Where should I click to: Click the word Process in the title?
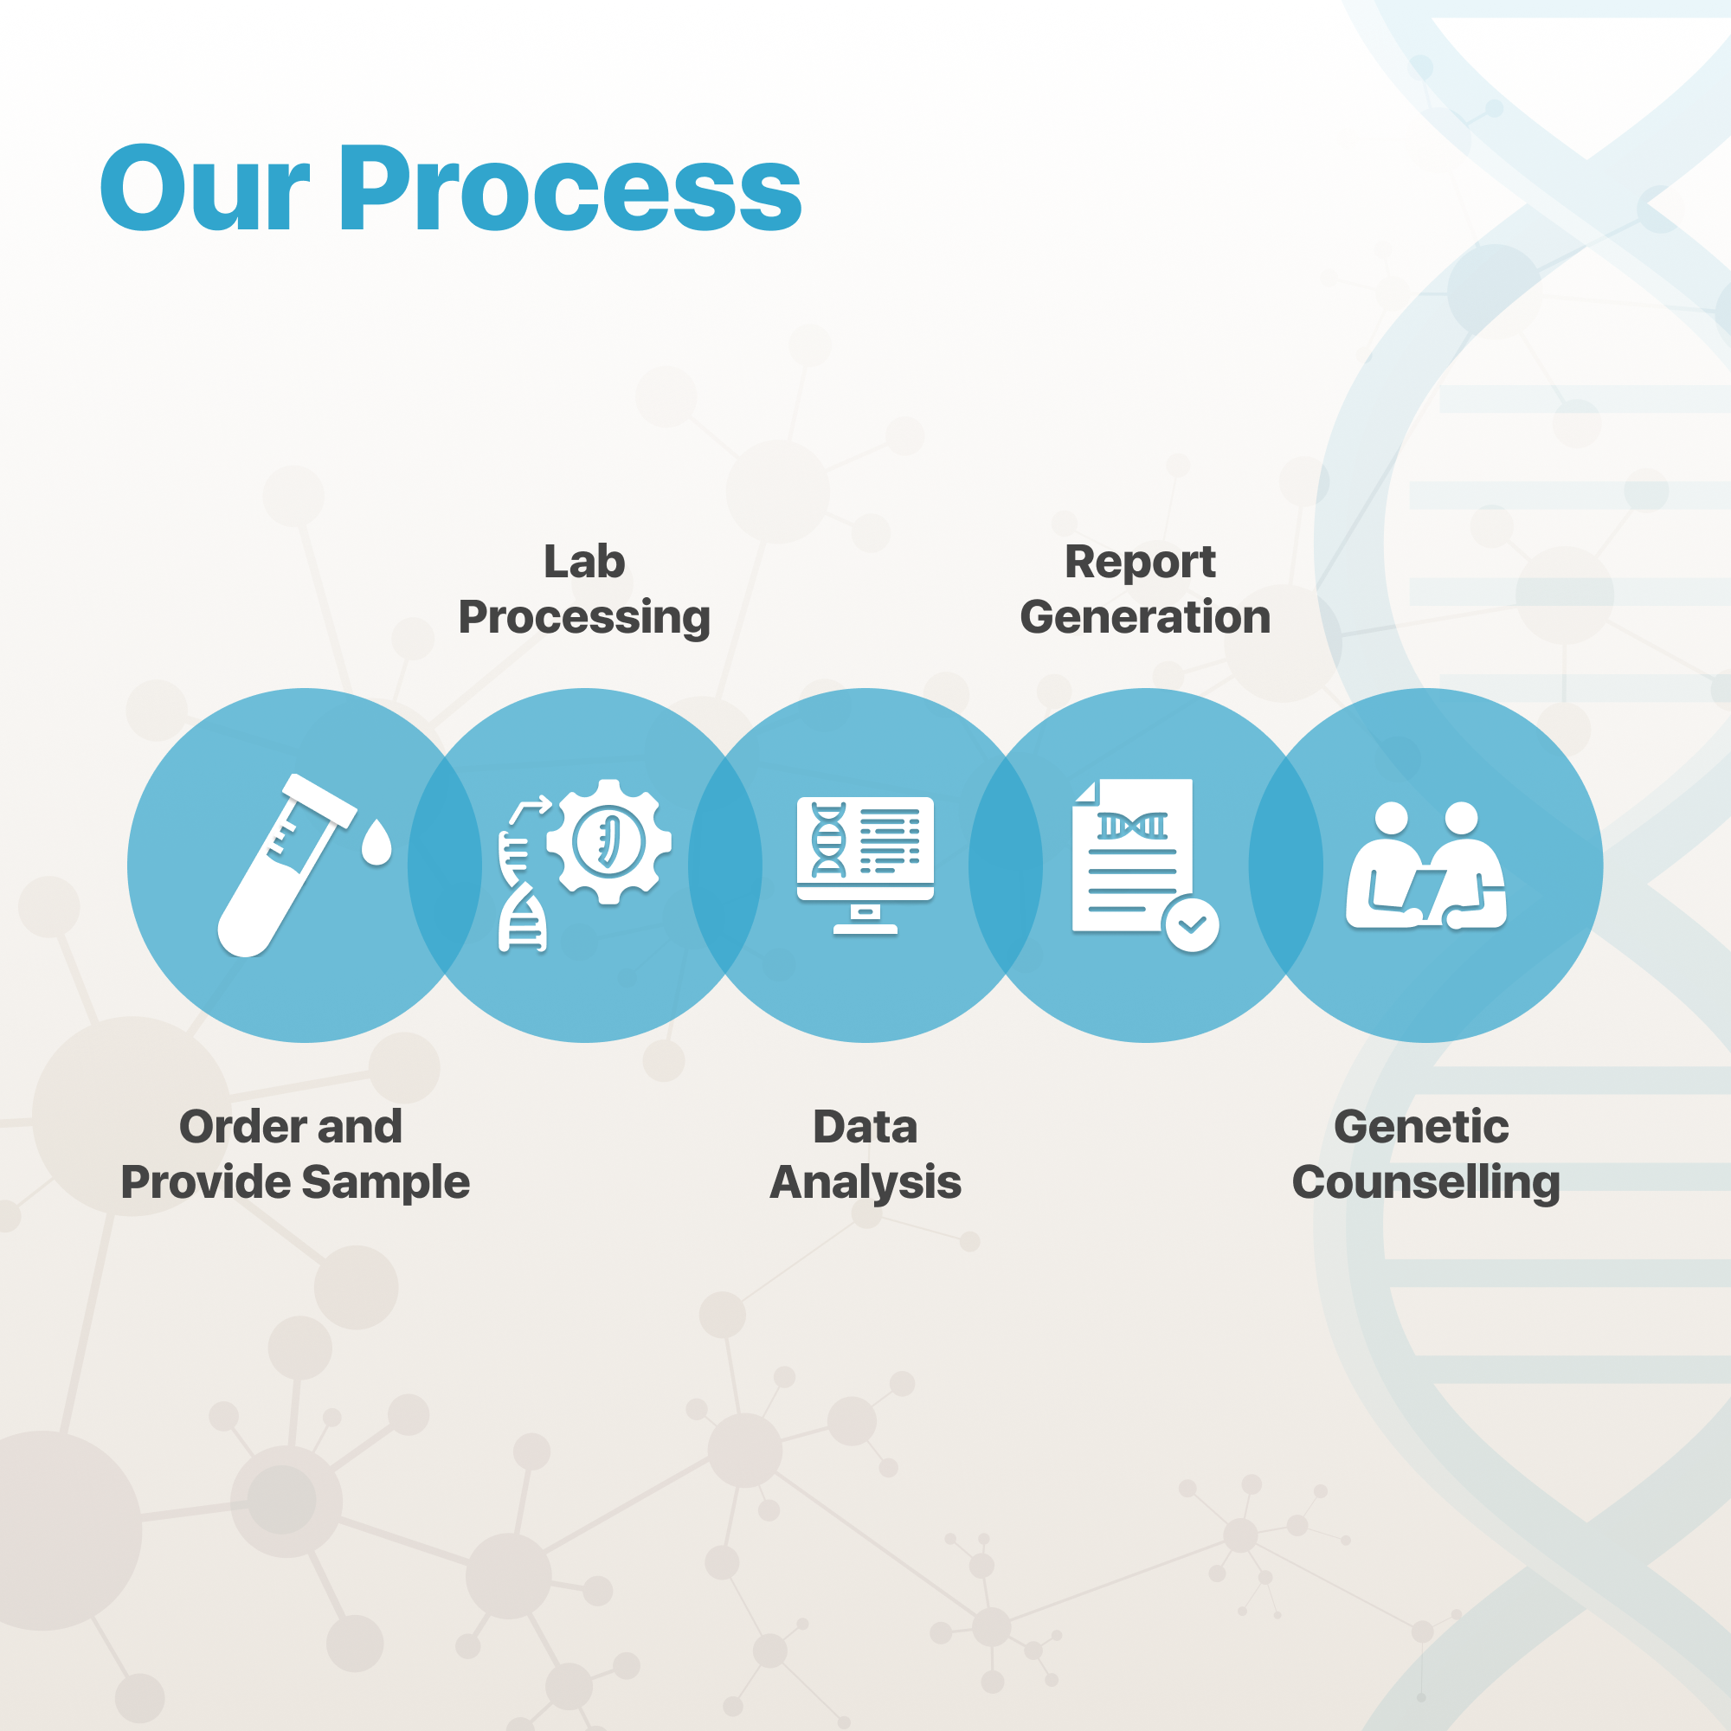pyautogui.click(x=569, y=190)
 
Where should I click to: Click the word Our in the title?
pyautogui.click(x=204, y=190)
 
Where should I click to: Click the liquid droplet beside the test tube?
pyautogui.click(x=376, y=843)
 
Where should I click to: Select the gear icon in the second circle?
pyautogui.click(x=609, y=841)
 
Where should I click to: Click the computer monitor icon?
pyautogui.click(x=865, y=846)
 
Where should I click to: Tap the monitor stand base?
pyautogui.click(x=865, y=928)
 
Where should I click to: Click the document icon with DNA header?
pyautogui.click(x=1130, y=856)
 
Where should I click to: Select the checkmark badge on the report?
pyautogui.click(x=1192, y=923)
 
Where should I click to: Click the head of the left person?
pyautogui.click(x=1392, y=817)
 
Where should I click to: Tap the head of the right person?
pyautogui.click(x=1461, y=817)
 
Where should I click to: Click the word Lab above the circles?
pyautogui.click(x=584, y=562)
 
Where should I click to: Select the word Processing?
pyautogui.click(x=584, y=618)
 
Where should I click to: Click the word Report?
pyautogui.click(x=1140, y=562)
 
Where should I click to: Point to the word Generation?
pyautogui.click(x=1145, y=617)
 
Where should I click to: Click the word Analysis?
pyautogui.click(x=865, y=1182)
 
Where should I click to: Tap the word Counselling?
pyautogui.click(x=1425, y=1182)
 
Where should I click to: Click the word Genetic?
pyautogui.click(x=1421, y=1126)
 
